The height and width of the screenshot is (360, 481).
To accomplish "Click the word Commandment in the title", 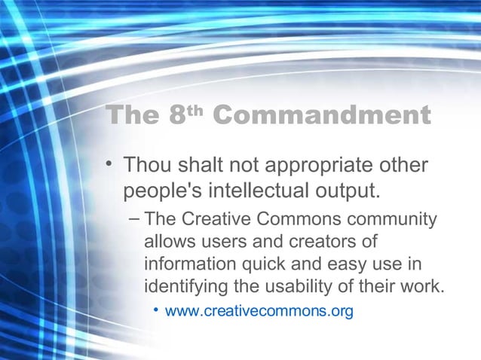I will (x=322, y=116).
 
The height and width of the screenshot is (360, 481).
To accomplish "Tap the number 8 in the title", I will (x=176, y=116).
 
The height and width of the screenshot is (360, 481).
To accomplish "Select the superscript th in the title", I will (x=195, y=111).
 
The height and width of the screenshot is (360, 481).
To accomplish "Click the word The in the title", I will (x=132, y=116).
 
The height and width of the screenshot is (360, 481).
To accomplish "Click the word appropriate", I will (x=317, y=165).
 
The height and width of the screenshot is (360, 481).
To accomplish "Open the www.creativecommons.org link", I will (x=259, y=310).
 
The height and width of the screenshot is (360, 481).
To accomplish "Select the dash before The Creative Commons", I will (x=133, y=219).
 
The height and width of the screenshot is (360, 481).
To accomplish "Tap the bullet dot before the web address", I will (x=156, y=310).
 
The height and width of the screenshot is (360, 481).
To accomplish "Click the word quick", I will (x=250, y=265).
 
